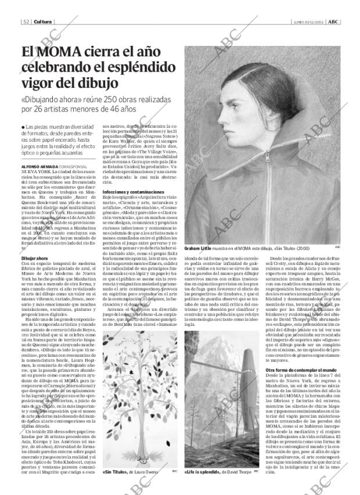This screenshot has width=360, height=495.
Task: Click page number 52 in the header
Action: click(x=27, y=21)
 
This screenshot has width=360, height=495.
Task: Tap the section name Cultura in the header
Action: click(x=42, y=21)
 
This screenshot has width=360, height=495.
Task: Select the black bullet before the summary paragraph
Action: click(x=22, y=126)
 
